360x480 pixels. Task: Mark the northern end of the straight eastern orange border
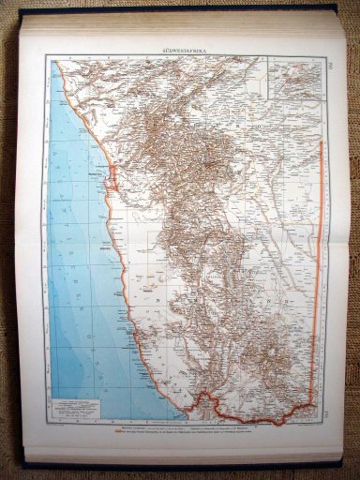click(x=321, y=141)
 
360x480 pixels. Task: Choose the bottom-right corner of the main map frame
click(x=324, y=422)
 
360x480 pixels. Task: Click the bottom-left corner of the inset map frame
click(x=266, y=98)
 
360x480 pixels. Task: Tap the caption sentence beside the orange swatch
click(x=187, y=432)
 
